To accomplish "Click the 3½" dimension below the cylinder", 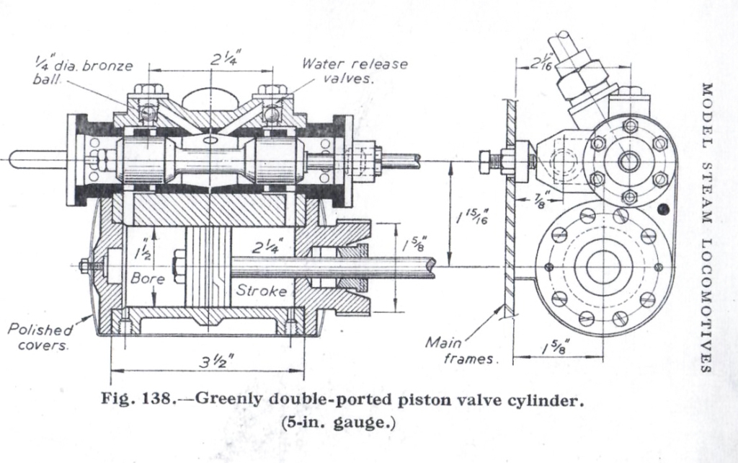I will coord(210,363).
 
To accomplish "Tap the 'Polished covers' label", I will coord(40,338).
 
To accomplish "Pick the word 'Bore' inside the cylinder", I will coord(148,277).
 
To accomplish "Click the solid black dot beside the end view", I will coord(664,210).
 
